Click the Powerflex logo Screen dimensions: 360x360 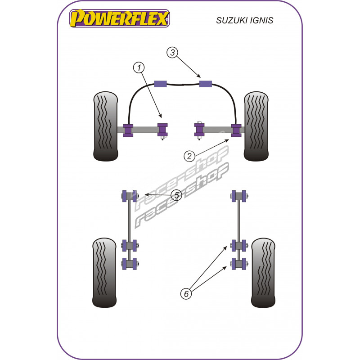point(119,19)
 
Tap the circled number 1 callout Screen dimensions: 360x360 point(139,68)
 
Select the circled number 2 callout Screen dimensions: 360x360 point(189,156)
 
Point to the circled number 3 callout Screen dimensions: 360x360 point(172,53)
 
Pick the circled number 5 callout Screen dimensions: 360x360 point(176,195)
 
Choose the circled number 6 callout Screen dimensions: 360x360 point(185,294)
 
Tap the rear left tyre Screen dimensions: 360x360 point(106,273)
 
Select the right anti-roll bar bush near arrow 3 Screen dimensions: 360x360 point(206,83)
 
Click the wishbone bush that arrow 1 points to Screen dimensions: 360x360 point(162,130)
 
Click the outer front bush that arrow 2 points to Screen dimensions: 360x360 point(235,130)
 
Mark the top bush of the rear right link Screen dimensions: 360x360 point(239,196)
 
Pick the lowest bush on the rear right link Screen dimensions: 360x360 point(239,264)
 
